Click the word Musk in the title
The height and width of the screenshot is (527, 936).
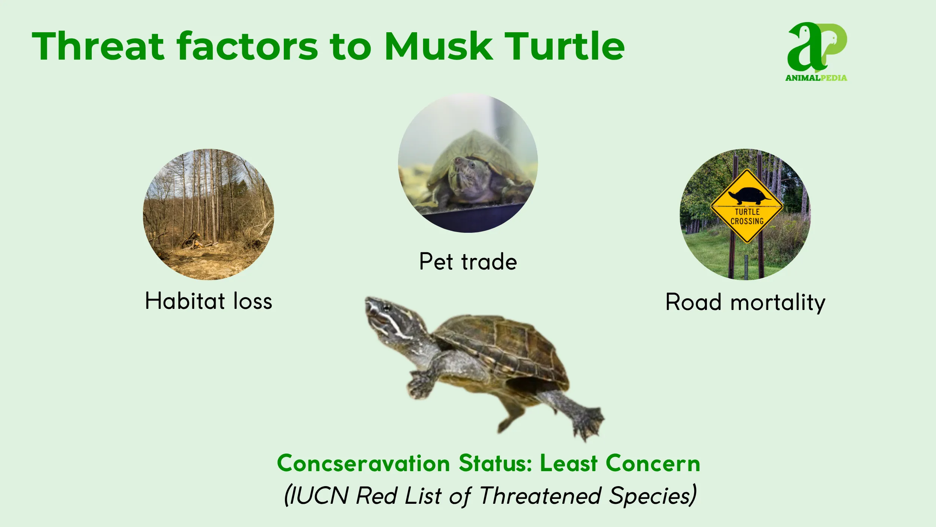(438, 46)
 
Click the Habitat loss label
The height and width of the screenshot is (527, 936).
(209, 301)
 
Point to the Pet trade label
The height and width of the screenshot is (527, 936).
(468, 262)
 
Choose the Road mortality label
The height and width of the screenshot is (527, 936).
(745, 302)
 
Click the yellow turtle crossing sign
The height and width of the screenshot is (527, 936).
(747, 206)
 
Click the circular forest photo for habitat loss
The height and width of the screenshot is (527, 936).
(209, 214)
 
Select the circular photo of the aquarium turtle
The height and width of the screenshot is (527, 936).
(468, 163)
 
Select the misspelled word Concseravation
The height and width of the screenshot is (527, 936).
(363, 464)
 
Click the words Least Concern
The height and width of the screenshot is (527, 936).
(620, 464)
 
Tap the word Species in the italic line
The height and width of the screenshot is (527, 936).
(651, 496)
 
